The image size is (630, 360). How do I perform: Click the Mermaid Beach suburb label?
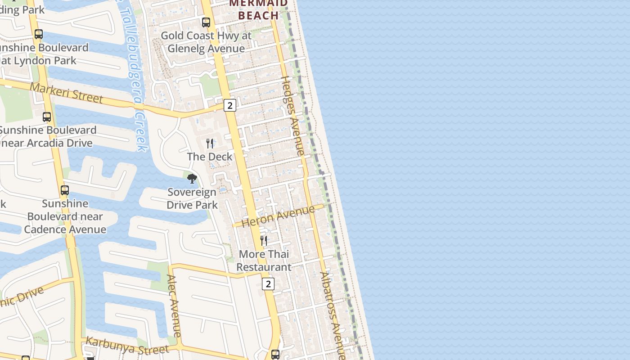[258, 10]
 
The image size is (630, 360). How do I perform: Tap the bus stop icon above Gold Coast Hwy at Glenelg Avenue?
[206, 22]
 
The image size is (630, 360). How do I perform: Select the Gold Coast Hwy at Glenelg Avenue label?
[206, 42]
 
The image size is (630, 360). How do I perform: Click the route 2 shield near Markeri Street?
[230, 105]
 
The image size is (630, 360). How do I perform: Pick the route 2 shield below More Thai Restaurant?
[268, 283]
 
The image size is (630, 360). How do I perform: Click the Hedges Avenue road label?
[293, 116]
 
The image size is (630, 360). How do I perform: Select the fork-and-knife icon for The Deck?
[210, 144]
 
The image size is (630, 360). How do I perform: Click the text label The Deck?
[210, 157]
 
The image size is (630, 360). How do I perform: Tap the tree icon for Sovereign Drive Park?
[192, 179]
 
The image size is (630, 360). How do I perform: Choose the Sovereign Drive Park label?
[192, 198]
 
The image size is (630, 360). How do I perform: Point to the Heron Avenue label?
[278, 216]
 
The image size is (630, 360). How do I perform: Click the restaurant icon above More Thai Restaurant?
[264, 241]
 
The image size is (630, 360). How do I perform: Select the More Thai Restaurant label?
[264, 261]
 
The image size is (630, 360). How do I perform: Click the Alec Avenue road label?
[174, 306]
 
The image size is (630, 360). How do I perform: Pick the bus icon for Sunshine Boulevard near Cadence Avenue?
[65, 190]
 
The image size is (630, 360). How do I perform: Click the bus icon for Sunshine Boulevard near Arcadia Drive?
[47, 117]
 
